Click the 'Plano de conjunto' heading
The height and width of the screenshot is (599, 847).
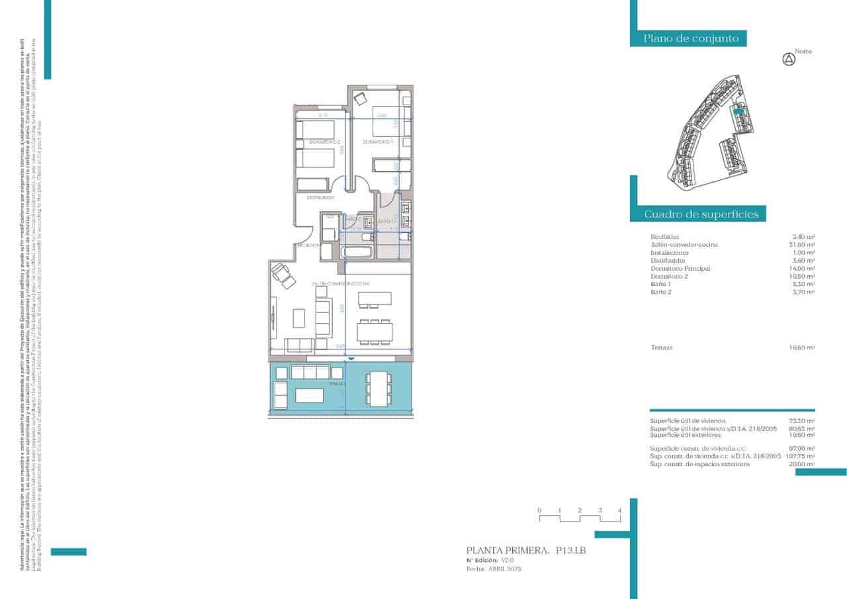pos(691,38)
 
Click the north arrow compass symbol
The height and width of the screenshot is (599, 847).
pos(788,60)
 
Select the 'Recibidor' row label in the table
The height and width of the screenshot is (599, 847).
pos(665,236)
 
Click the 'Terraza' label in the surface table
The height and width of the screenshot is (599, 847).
pos(662,347)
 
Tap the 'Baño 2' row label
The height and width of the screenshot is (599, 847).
pos(661,291)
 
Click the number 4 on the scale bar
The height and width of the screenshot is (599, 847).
pos(619,510)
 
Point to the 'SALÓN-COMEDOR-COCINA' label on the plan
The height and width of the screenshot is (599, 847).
pos(341,283)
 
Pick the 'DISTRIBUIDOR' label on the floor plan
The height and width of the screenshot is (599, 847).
pos(319,197)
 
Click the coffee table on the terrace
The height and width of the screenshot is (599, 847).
pos(309,395)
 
